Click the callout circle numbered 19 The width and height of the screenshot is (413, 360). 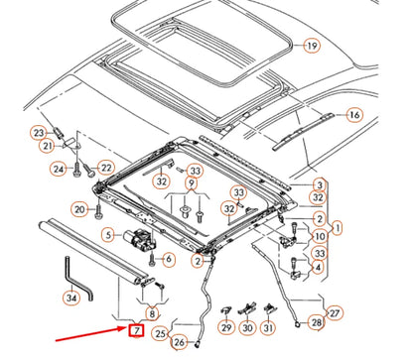312,46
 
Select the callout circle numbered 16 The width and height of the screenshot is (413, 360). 354,115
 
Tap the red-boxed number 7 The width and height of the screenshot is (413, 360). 136,330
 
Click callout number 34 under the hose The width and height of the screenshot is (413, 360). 71,298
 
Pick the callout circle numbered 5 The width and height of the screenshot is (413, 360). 109,235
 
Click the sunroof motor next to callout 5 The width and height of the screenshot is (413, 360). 141,240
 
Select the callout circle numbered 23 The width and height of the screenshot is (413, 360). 39,133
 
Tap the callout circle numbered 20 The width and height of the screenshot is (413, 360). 79,209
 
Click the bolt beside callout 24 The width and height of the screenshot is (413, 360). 76,169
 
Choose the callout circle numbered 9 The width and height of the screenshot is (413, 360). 192,182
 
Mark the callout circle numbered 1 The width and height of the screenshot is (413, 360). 338,228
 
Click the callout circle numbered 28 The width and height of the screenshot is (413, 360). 317,321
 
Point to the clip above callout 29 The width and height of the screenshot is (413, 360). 225,310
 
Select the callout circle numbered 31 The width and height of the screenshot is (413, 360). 268,328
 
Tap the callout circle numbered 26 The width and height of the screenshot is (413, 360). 179,342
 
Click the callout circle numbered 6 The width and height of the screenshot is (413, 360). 169,259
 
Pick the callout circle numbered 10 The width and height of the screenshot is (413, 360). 321,236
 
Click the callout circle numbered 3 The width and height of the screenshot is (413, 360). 320,185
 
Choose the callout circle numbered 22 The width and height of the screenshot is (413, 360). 106,168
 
